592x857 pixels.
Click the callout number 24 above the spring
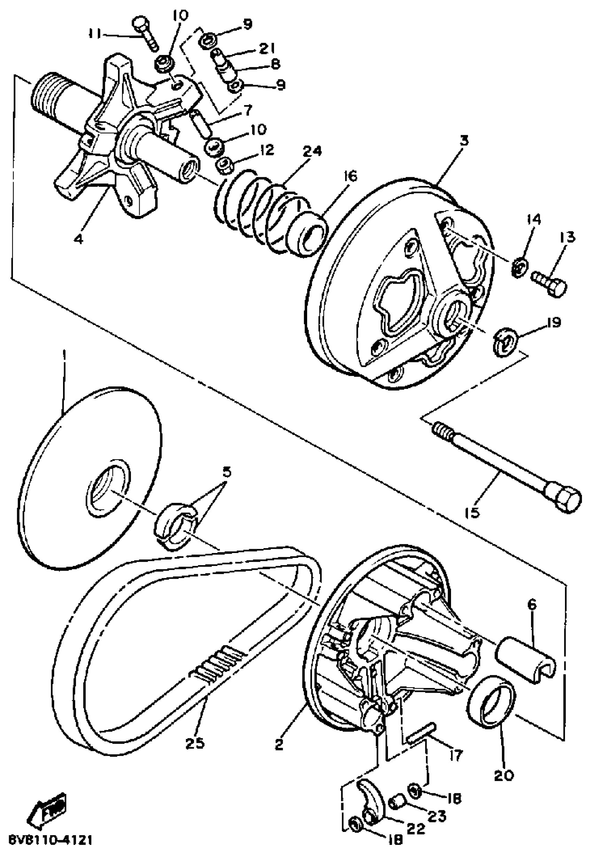[x=312, y=151]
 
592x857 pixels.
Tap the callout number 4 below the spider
[x=78, y=239]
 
